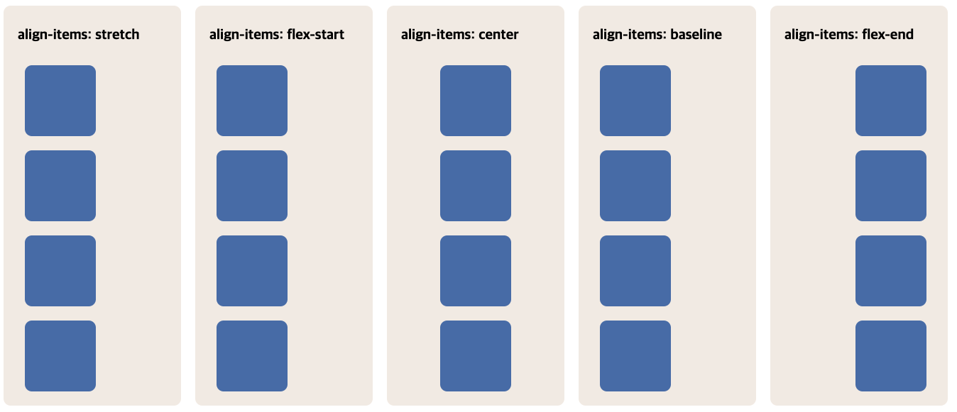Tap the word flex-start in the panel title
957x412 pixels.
[315, 34]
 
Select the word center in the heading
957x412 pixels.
[498, 34]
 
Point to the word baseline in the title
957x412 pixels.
[696, 34]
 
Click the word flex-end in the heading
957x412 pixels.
[887, 34]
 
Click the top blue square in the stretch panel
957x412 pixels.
[60, 101]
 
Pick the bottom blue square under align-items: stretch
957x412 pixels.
[60, 356]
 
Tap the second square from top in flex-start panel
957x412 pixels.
[252, 186]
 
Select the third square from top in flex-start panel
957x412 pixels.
[252, 271]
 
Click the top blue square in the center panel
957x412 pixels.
[476, 101]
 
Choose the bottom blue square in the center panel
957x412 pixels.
[476, 356]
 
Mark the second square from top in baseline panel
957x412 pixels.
[635, 186]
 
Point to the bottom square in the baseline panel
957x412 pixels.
[635, 356]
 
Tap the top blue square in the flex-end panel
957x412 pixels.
[891, 101]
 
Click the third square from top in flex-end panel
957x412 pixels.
[891, 271]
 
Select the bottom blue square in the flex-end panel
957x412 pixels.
[891, 356]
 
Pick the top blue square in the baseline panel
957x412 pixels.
[635, 101]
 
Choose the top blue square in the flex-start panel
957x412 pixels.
[252, 101]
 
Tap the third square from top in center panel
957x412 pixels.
[476, 271]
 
